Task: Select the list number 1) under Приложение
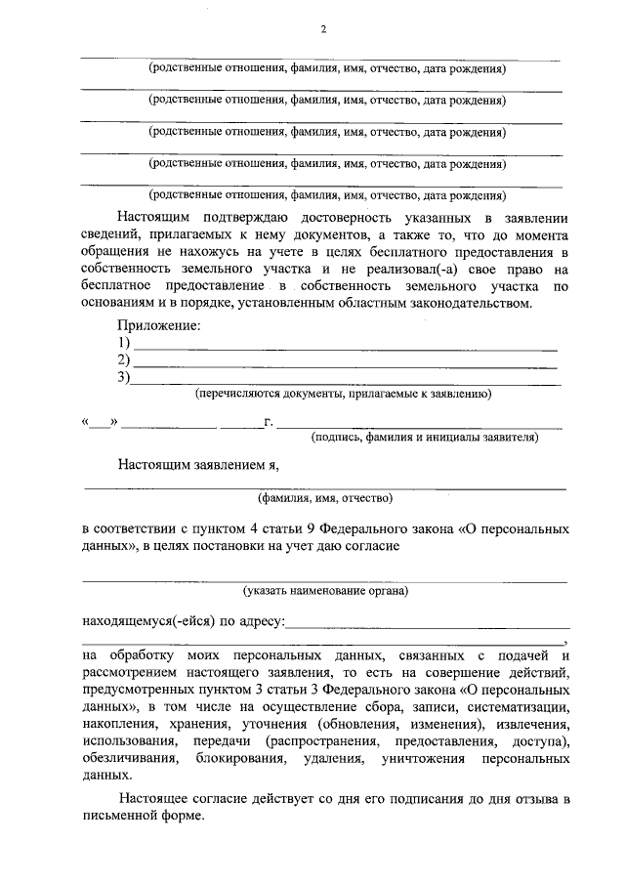pyautogui.click(x=124, y=343)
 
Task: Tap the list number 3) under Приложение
pyautogui.click(x=124, y=378)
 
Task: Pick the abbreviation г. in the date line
pyautogui.click(x=267, y=423)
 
